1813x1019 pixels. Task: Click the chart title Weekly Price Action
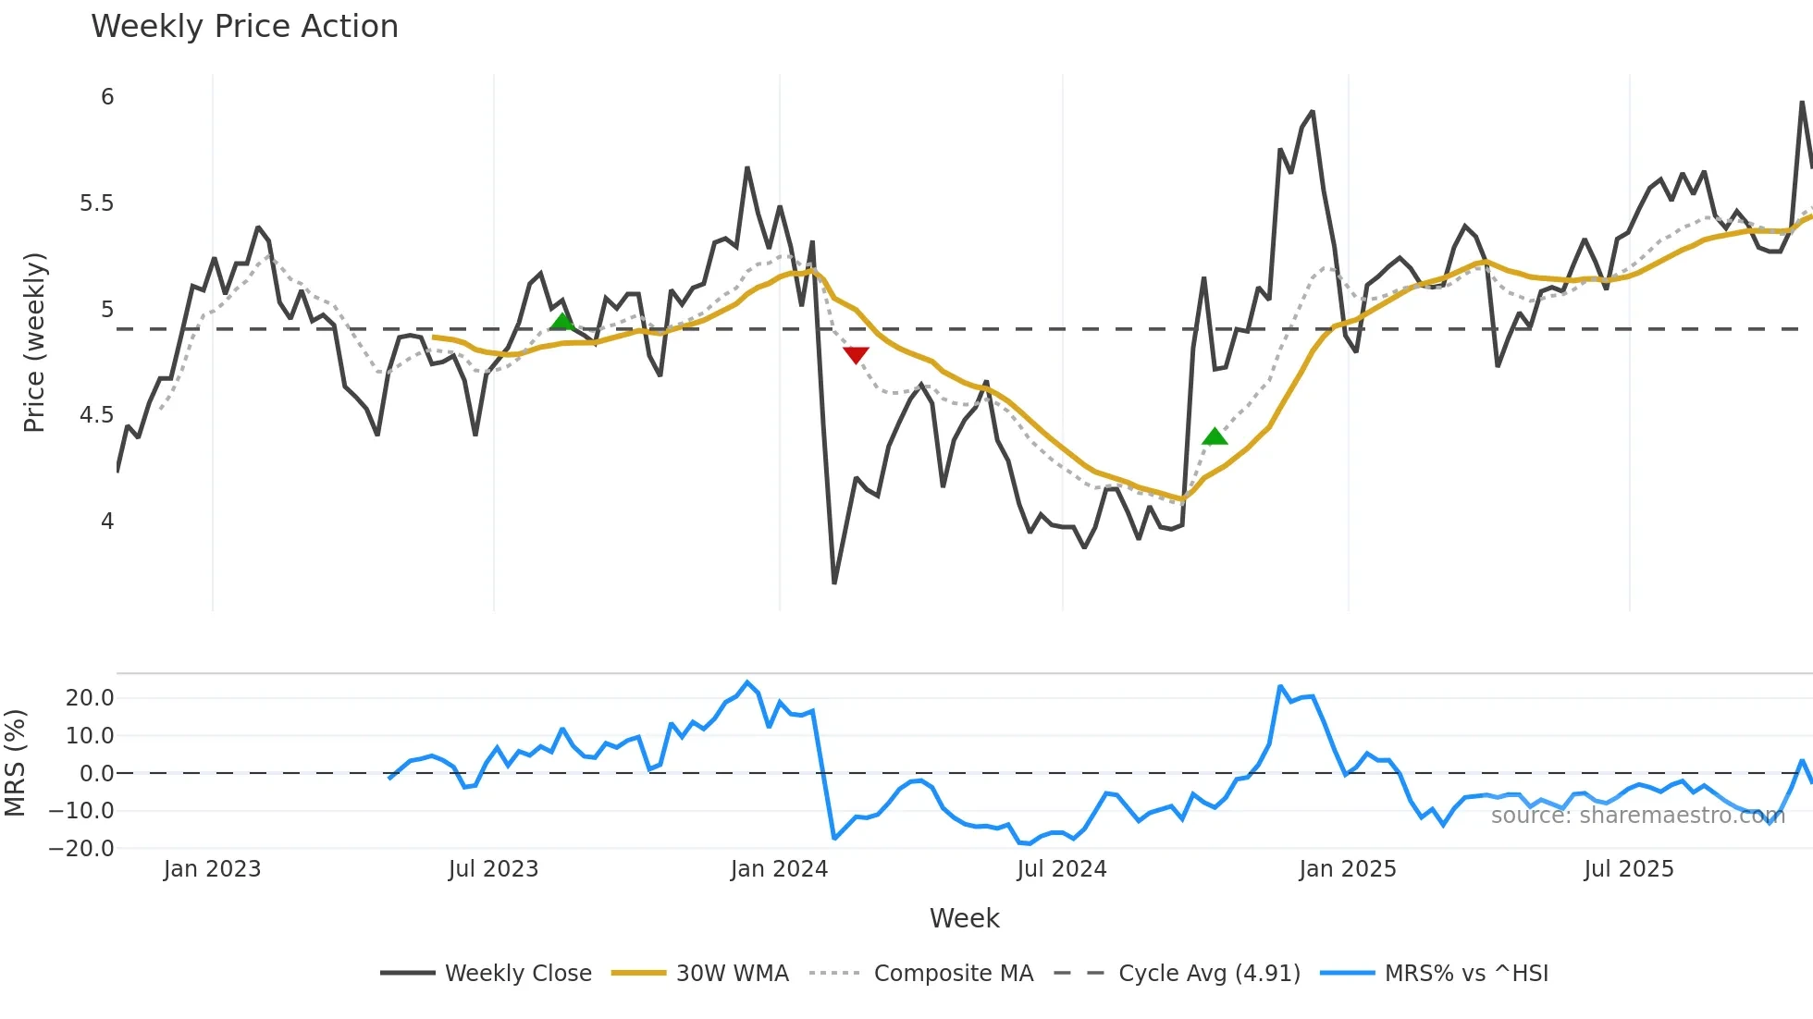point(244,27)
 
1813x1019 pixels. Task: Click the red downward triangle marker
point(856,355)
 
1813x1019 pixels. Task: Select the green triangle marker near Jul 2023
point(561,322)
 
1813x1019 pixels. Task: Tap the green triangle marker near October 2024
point(1215,436)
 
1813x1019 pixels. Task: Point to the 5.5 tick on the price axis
point(96,203)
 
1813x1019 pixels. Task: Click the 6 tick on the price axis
point(107,97)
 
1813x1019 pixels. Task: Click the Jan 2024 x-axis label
point(779,869)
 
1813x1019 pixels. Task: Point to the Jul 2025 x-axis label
point(1628,869)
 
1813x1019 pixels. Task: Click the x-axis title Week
point(964,918)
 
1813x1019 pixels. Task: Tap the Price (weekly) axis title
point(34,342)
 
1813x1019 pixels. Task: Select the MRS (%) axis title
point(15,763)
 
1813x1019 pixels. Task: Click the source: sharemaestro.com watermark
point(1637,816)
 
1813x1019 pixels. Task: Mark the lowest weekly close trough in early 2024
point(834,583)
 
